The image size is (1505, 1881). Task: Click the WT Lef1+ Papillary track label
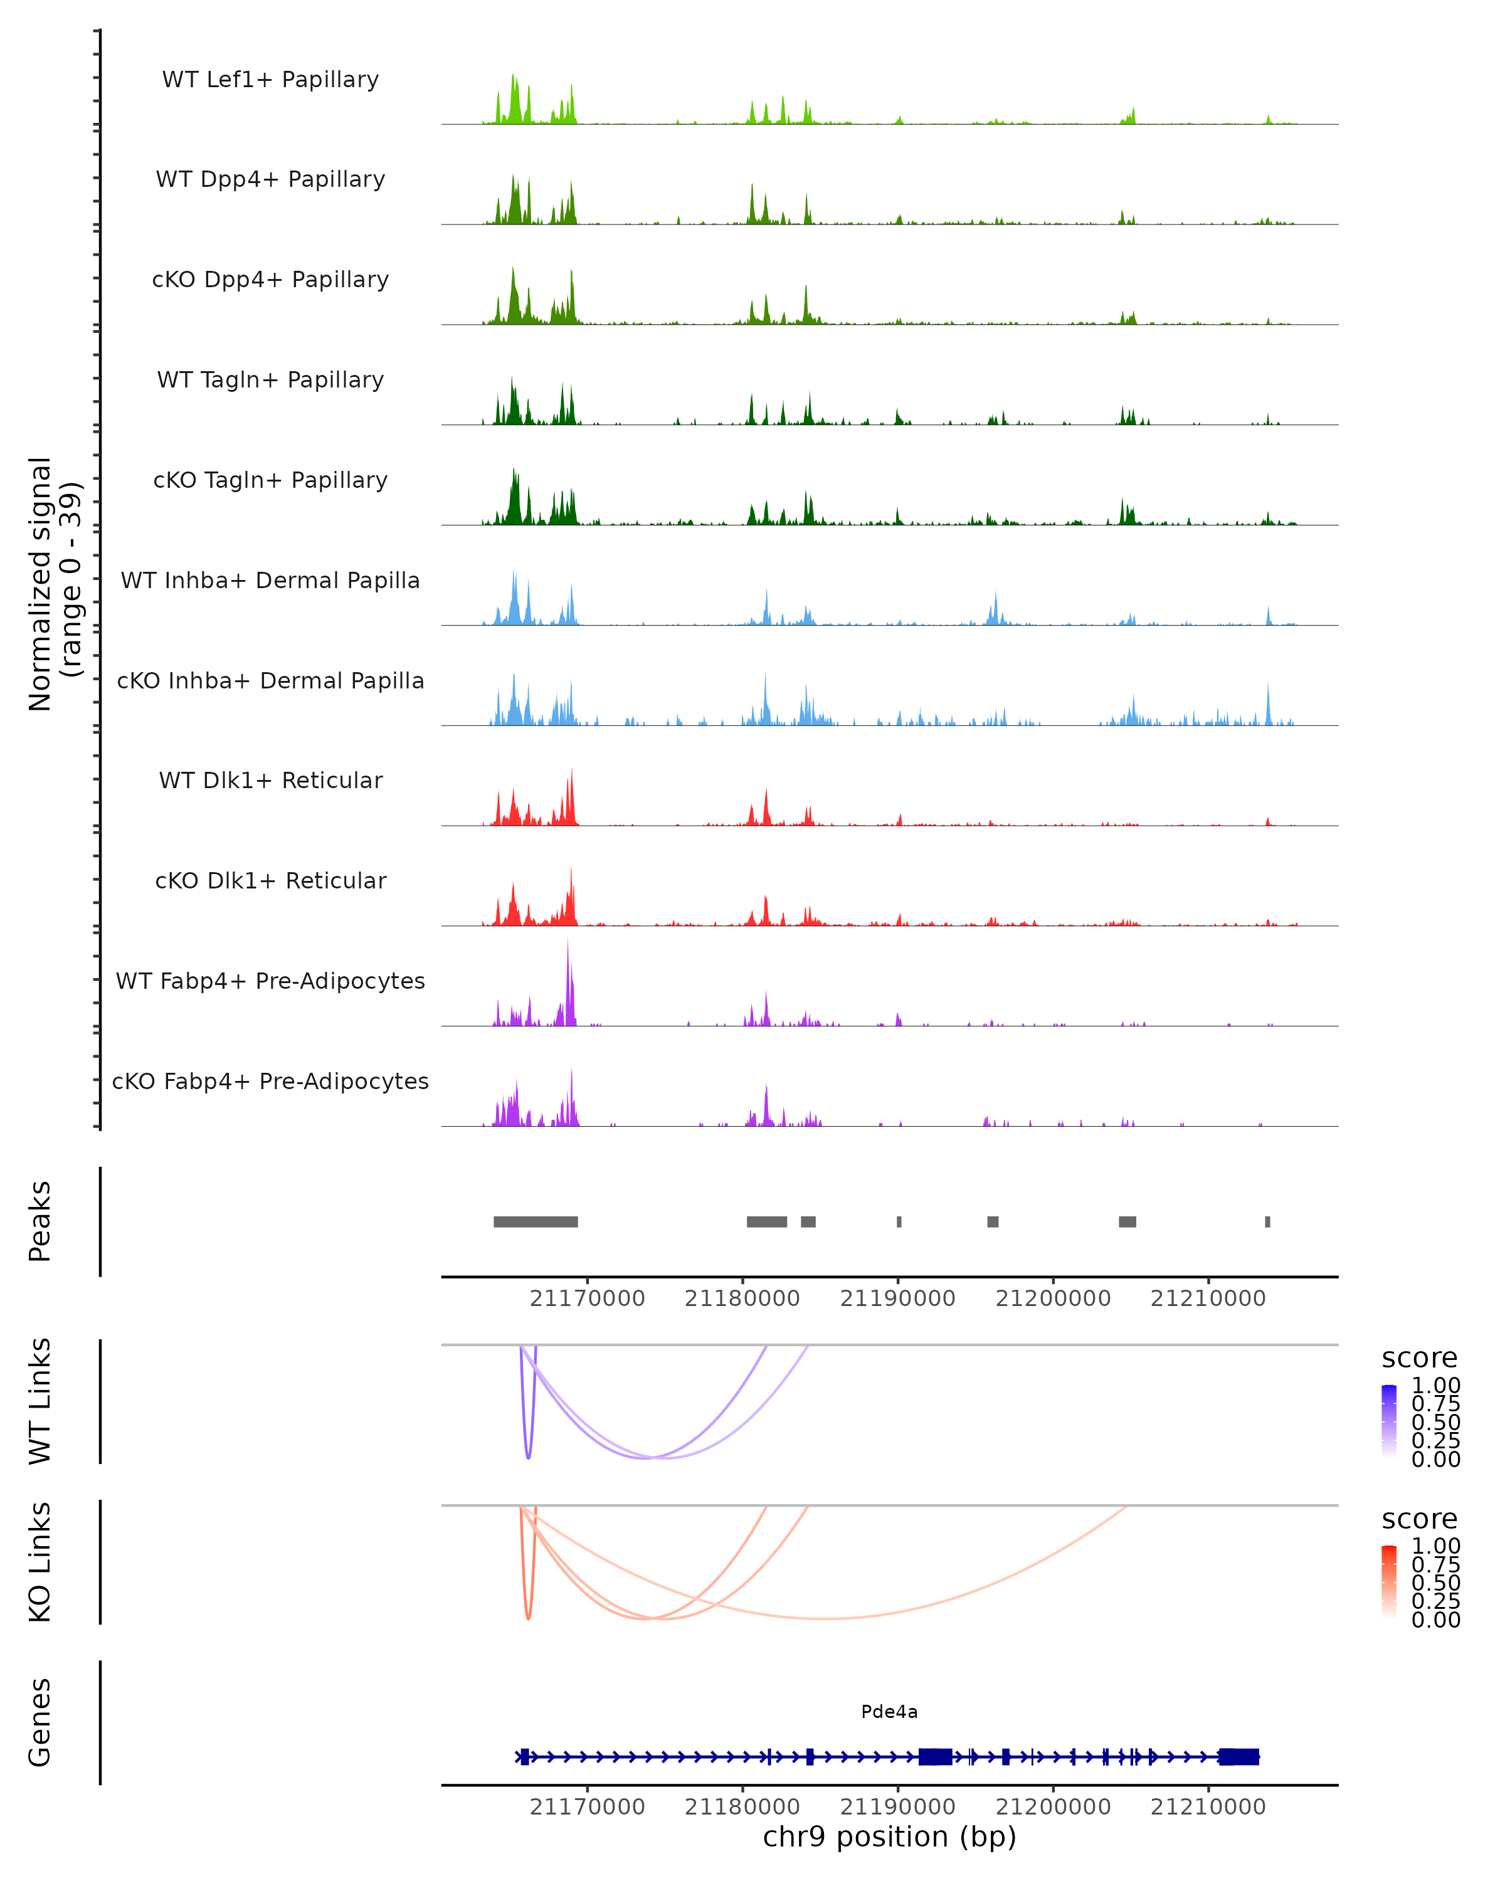coord(270,80)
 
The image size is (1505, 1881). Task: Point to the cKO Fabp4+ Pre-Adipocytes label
coord(270,1081)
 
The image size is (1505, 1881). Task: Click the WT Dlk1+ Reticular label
coord(270,780)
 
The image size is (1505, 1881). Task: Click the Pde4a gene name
coord(889,1712)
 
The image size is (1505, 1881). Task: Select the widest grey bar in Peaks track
coord(536,1221)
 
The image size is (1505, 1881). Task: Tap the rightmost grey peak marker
coord(1268,1221)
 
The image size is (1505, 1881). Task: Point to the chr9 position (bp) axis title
coord(889,1836)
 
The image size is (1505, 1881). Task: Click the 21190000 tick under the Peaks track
coord(898,1299)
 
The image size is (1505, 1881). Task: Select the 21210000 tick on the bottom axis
coord(1208,1807)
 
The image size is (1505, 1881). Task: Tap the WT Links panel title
coord(40,1401)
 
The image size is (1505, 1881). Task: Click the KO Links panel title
coord(40,1562)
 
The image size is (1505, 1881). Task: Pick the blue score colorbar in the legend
coord(1389,1420)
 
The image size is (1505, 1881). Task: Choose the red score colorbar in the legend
coord(1389,1581)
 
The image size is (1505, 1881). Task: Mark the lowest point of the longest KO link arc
coord(825,1618)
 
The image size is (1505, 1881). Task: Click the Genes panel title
coord(40,1722)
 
